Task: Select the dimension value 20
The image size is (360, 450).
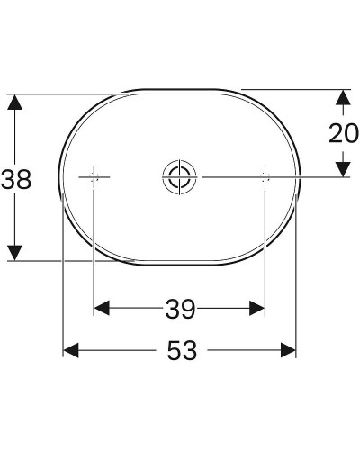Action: [x=342, y=133]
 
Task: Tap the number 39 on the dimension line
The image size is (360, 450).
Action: [x=180, y=310]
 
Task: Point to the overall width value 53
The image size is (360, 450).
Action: [x=181, y=351]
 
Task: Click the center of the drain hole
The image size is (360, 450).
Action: [x=178, y=176]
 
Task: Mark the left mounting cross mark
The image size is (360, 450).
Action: [x=94, y=176]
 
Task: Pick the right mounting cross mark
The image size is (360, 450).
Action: [x=265, y=176]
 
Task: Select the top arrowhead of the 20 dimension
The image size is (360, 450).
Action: [x=342, y=97]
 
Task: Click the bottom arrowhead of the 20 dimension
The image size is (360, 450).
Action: [x=342, y=168]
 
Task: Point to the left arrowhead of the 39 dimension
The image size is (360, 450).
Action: [x=102, y=309]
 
